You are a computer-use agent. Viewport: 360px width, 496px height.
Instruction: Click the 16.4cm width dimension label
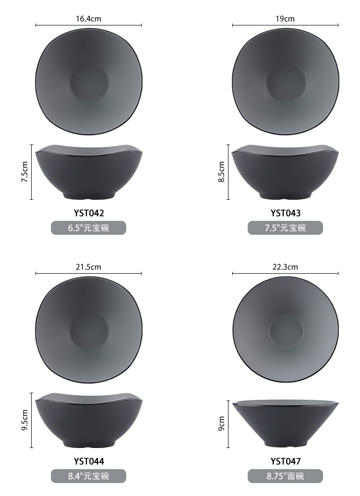tap(88, 19)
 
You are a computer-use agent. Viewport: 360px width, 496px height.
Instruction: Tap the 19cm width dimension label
tap(285, 19)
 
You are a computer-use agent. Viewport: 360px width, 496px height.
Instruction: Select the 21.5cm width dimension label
tap(88, 267)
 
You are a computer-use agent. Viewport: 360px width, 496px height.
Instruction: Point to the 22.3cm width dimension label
tap(285, 267)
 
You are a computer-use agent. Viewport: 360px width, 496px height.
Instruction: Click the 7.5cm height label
tap(24, 172)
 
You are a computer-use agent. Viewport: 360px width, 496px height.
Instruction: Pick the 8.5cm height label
tap(221, 172)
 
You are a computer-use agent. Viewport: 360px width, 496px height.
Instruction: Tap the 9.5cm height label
tap(24, 420)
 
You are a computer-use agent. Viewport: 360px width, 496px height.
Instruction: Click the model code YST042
tap(89, 213)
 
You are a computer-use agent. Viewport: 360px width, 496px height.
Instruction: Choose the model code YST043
tap(286, 213)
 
